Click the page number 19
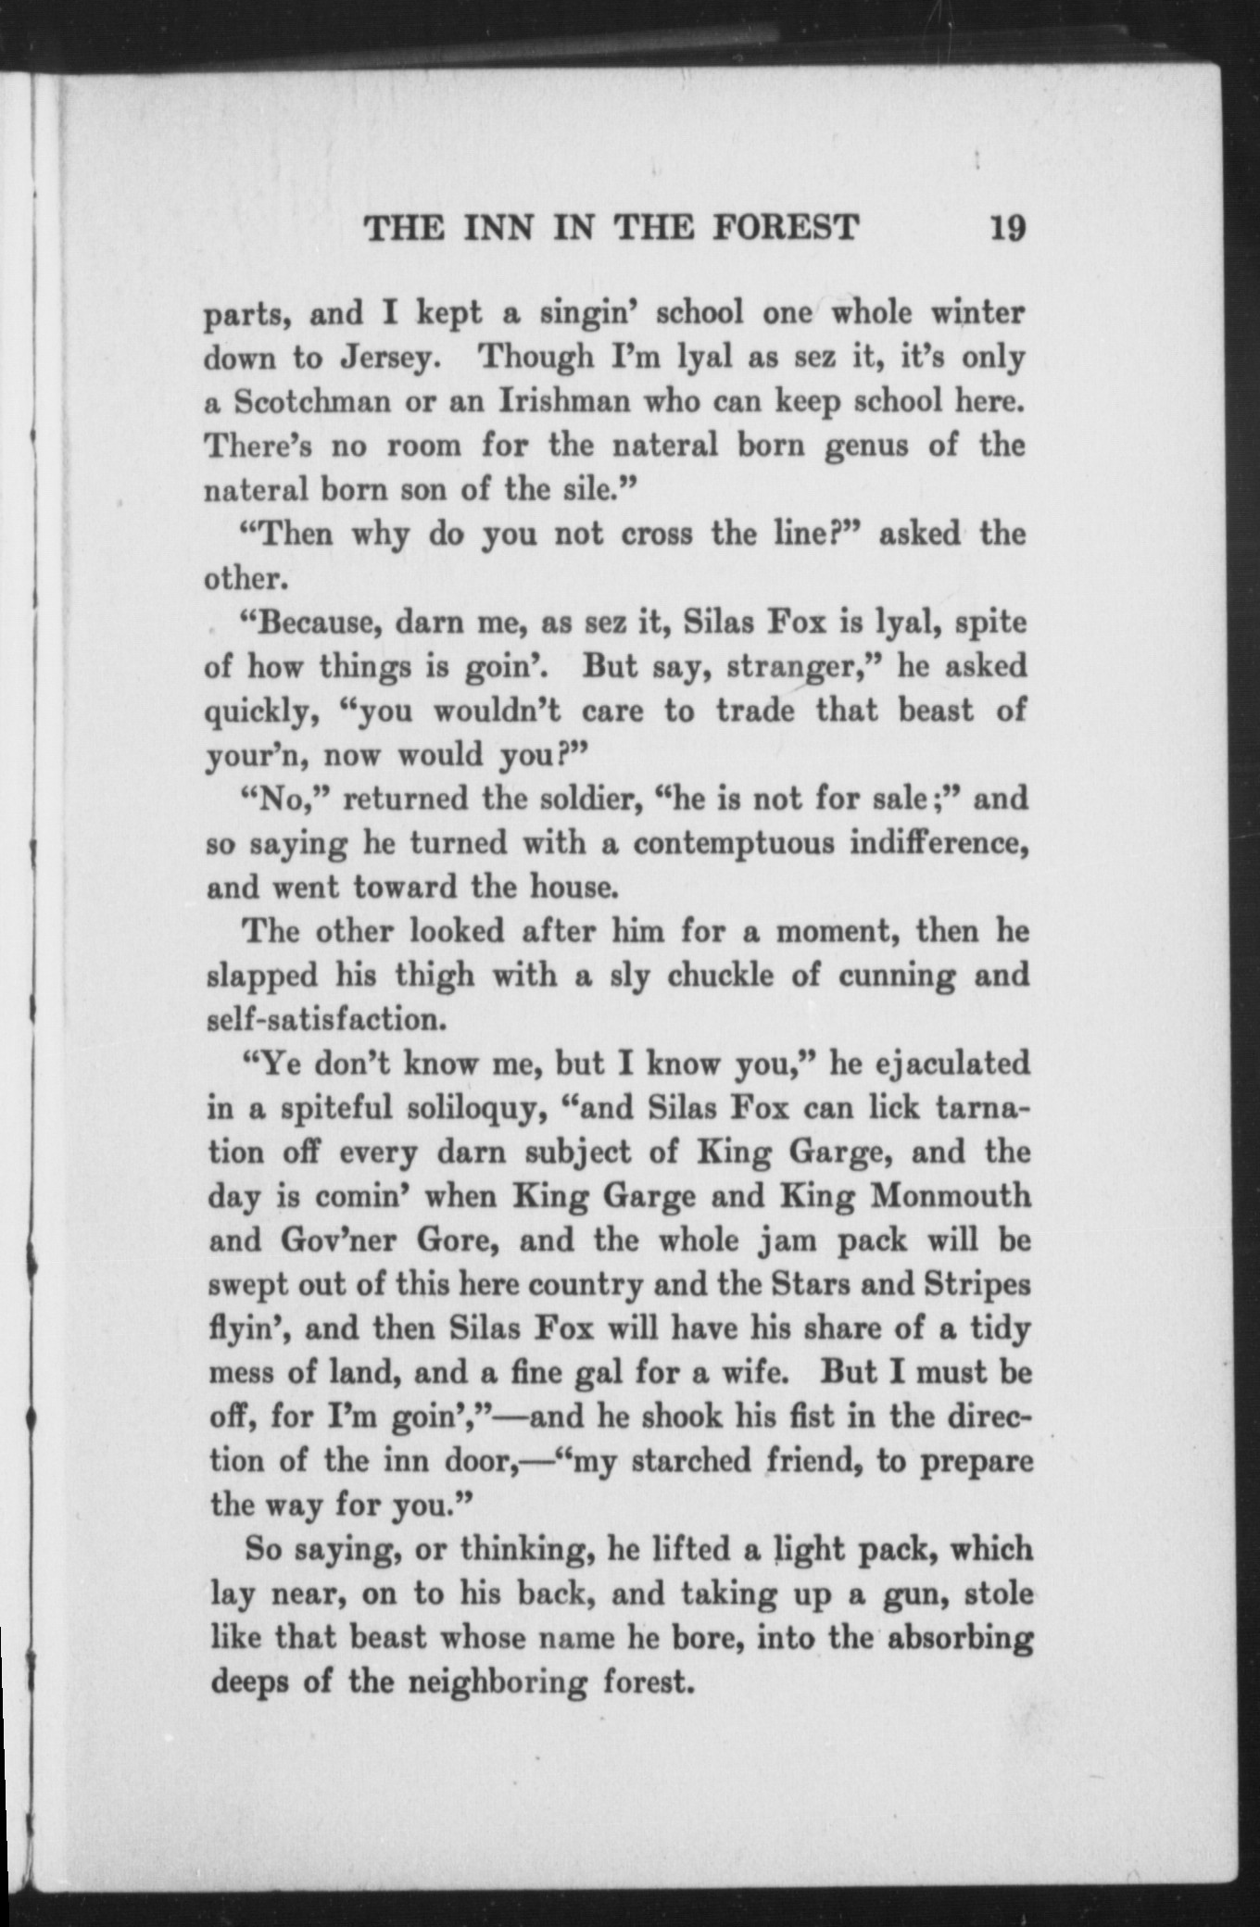tap(1007, 226)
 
